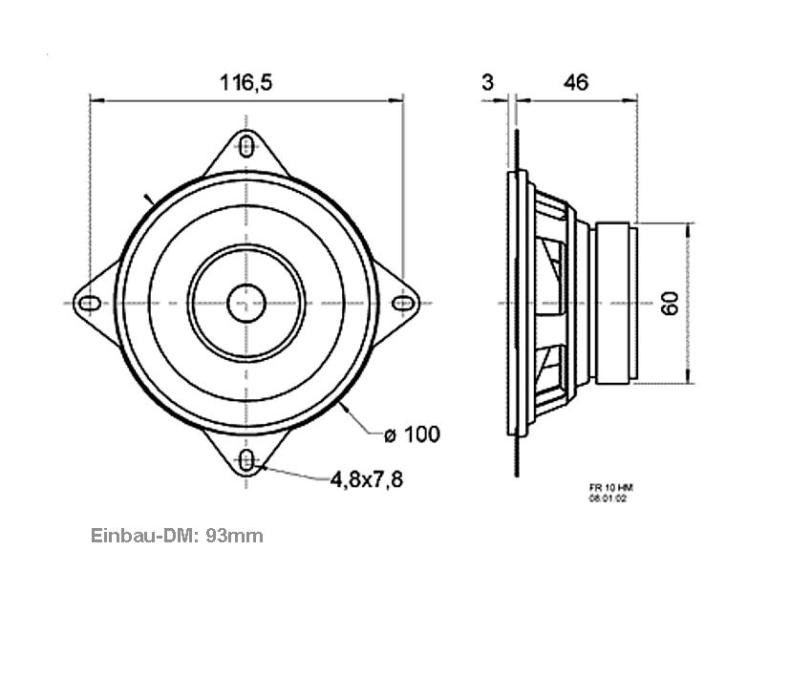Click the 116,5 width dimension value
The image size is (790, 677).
(x=246, y=83)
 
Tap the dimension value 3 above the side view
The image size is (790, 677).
(x=487, y=83)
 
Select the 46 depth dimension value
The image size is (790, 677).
(x=575, y=83)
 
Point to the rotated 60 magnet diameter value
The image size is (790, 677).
(x=670, y=304)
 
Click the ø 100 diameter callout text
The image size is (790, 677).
(x=412, y=435)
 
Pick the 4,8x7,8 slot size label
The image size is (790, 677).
(x=367, y=479)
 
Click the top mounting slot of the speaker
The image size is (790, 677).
(x=247, y=146)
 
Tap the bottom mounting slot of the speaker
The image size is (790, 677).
(x=247, y=462)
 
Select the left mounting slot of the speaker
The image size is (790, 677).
(x=89, y=304)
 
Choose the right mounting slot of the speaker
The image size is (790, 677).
(x=405, y=304)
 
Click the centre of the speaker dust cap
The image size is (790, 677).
(x=246, y=304)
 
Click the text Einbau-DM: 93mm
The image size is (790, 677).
(x=177, y=536)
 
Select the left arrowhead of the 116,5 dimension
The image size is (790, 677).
(x=94, y=98)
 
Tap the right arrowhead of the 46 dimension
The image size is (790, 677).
(x=631, y=98)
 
